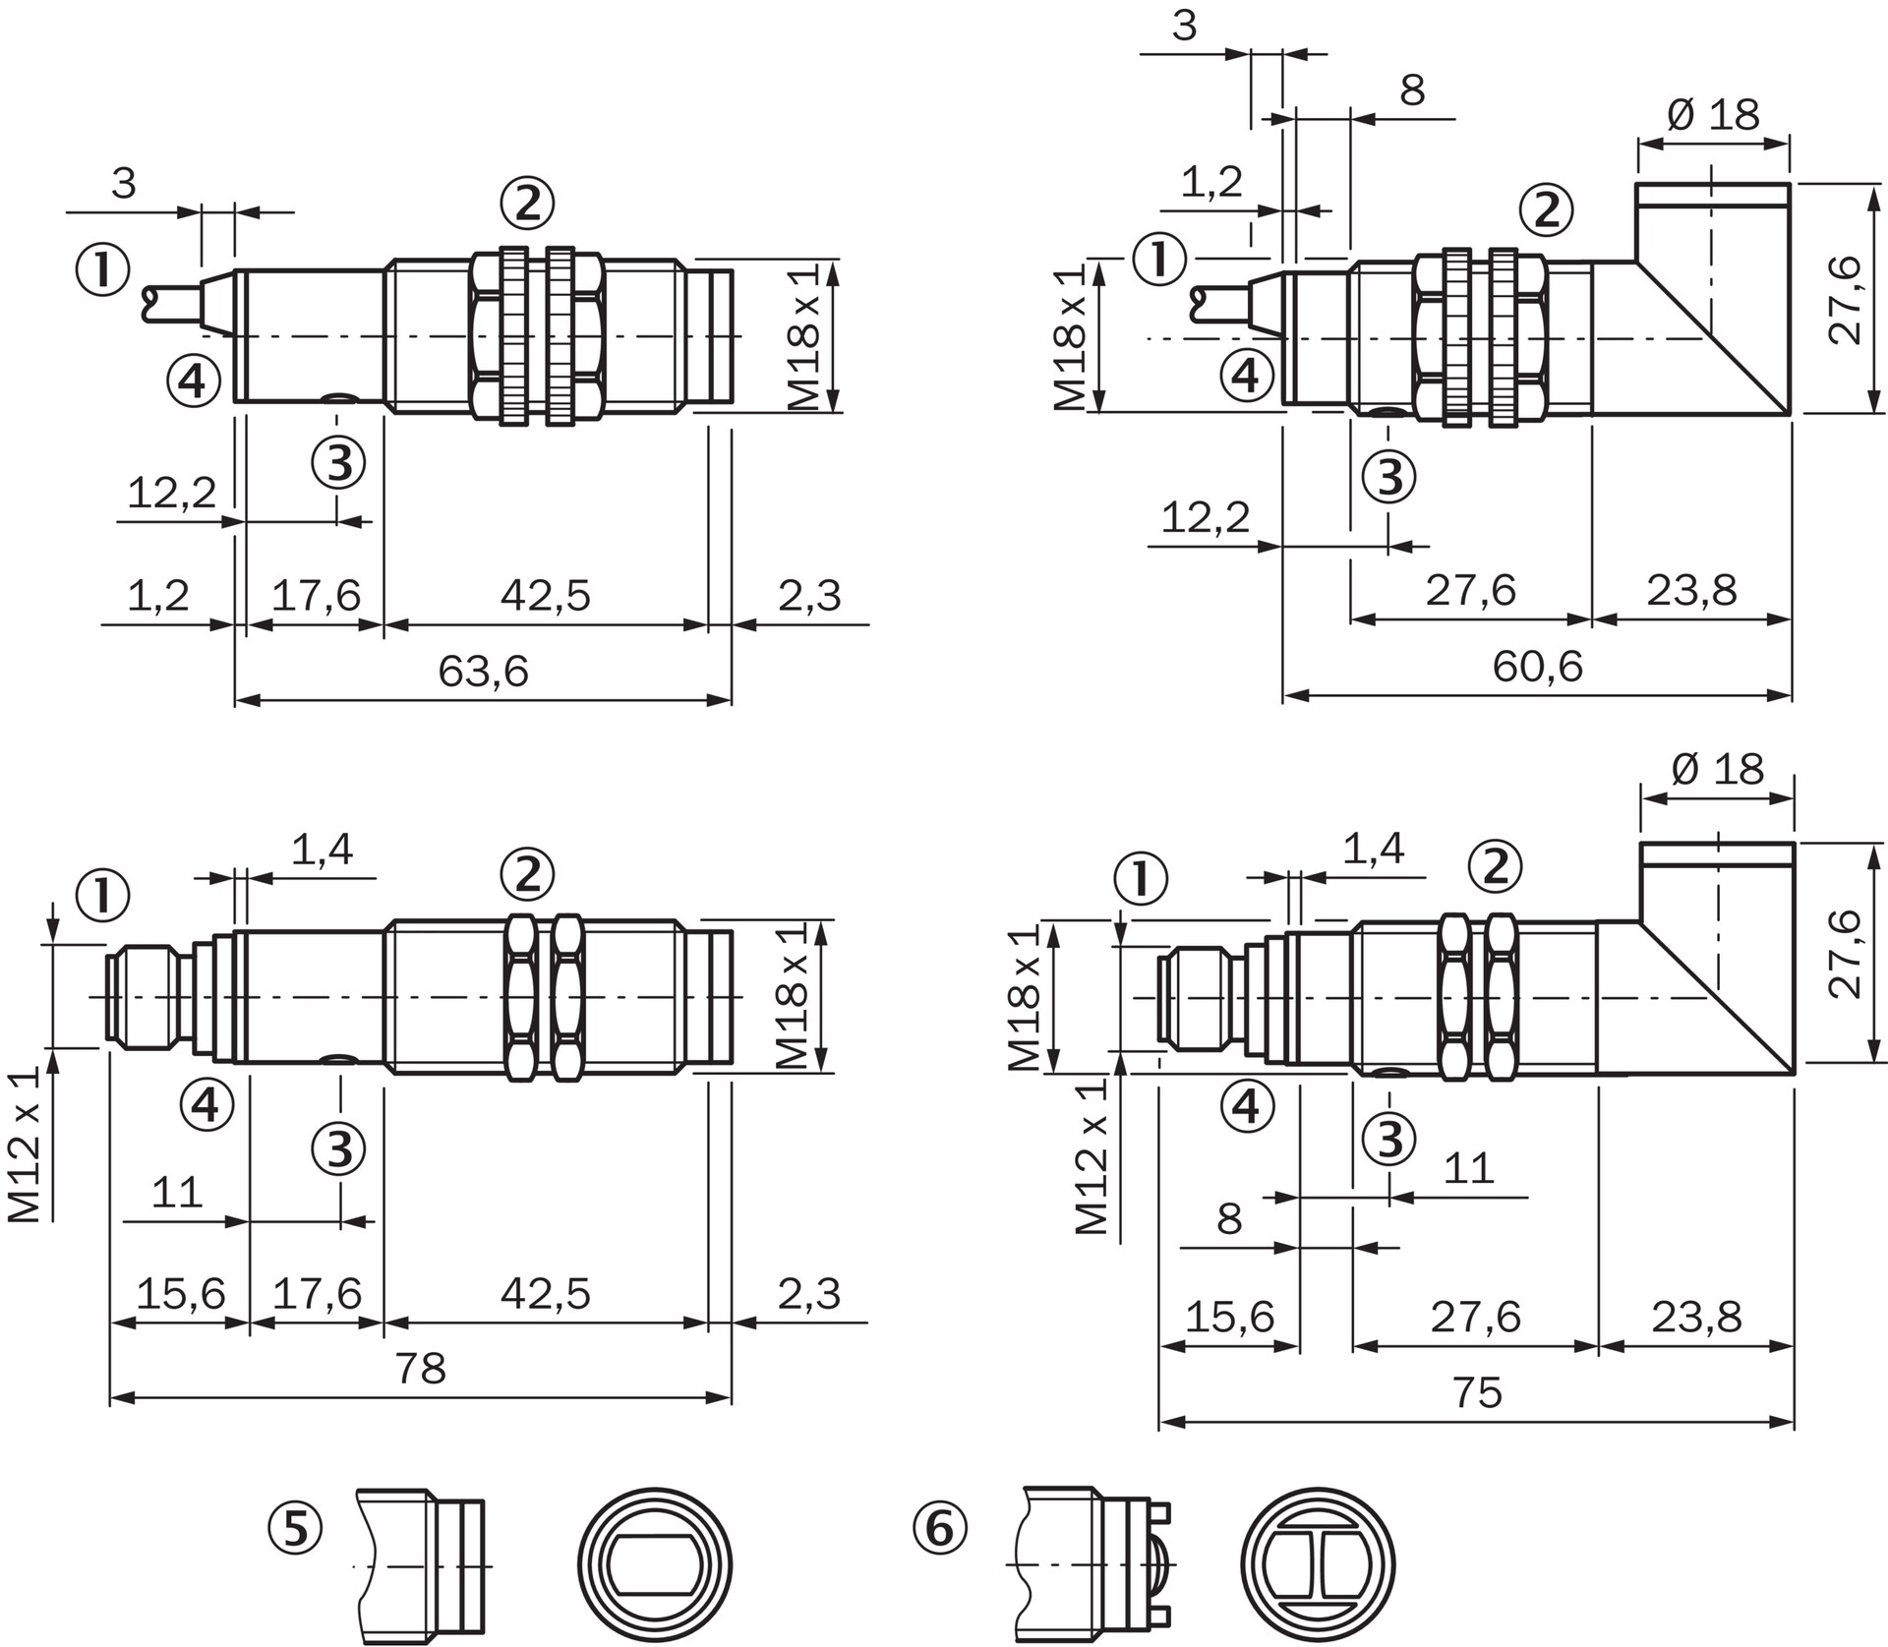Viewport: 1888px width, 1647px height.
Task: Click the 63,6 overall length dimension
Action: [x=483, y=672]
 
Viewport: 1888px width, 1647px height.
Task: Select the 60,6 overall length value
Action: [x=1538, y=667]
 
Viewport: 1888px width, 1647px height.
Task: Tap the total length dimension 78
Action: [x=420, y=1368]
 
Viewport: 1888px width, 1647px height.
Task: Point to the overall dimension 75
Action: [x=1477, y=1392]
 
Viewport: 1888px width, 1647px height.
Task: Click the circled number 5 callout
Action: [x=296, y=1529]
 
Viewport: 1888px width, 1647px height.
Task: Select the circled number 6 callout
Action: [x=940, y=1529]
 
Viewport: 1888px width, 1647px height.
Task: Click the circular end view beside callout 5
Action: [x=656, y=1565]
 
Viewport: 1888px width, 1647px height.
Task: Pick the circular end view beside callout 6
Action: [x=1319, y=1565]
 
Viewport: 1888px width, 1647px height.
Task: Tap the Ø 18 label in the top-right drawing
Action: [x=1714, y=115]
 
